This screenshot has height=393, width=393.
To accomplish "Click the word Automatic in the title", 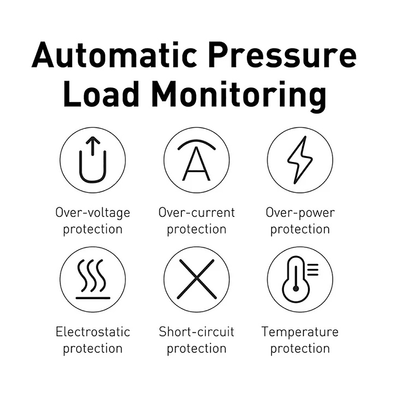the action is tap(114, 55).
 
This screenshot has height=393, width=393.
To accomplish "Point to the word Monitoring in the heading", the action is tap(239, 96).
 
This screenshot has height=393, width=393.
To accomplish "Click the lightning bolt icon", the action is tap(300, 160).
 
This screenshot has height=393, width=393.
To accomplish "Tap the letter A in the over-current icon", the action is tap(196, 163).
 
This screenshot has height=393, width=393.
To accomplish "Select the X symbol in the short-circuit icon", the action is tap(196, 279).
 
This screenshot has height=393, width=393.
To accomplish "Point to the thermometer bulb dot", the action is tap(296, 289).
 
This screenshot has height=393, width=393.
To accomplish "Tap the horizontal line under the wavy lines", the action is tap(93, 298).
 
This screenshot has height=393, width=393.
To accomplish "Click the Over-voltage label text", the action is tap(93, 213).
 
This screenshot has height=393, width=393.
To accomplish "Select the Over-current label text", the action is tap(196, 212).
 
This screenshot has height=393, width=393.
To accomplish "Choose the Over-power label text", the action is tap(300, 213).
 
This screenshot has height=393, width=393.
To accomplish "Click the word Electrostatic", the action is tap(93, 332).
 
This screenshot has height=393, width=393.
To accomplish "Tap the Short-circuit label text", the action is tap(196, 332).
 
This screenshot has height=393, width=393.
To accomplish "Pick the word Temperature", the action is tap(300, 332).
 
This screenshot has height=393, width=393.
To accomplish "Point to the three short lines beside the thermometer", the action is tap(313, 270).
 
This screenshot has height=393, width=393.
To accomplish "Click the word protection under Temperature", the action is tap(300, 349).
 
